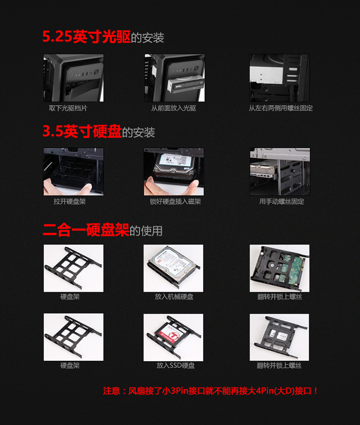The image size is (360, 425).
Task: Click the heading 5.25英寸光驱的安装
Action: (x=103, y=36)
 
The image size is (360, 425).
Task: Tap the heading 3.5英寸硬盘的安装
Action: (x=98, y=131)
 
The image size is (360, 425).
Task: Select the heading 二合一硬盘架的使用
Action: (x=103, y=230)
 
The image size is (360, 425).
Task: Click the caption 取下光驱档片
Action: (x=68, y=108)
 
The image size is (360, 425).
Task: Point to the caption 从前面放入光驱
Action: (x=174, y=108)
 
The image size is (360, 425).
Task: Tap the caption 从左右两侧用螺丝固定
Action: (x=281, y=108)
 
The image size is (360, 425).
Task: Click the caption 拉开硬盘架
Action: (x=70, y=201)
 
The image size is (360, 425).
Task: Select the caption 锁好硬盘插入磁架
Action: (x=175, y=201)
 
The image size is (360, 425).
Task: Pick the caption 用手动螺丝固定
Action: (x=282, y=201)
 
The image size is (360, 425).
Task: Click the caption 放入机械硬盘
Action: (x=174, y=296)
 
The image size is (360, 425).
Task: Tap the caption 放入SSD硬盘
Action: (x=176, y=366)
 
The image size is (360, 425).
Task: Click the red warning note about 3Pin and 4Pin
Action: (x=211, y=391)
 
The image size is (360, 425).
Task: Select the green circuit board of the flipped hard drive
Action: (x=290, y=270)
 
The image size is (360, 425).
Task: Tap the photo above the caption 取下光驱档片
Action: (x=73, y=78)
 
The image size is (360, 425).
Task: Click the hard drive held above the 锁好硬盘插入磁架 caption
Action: (x=174, y=165)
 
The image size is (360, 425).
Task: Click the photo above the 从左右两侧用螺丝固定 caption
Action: (x=279, y=78)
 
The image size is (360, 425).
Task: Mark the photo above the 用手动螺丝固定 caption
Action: (x=280, y=172)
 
